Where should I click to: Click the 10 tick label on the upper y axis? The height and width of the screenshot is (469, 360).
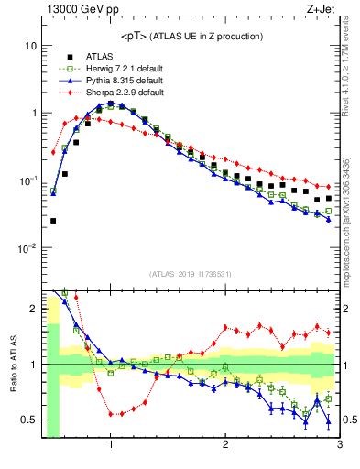30,46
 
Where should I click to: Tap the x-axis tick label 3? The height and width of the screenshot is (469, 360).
340,445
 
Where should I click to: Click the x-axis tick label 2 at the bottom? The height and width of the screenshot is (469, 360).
225,445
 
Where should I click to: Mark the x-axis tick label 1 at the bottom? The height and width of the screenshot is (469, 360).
111,445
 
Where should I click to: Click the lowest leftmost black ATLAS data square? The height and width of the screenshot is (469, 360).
53,221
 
